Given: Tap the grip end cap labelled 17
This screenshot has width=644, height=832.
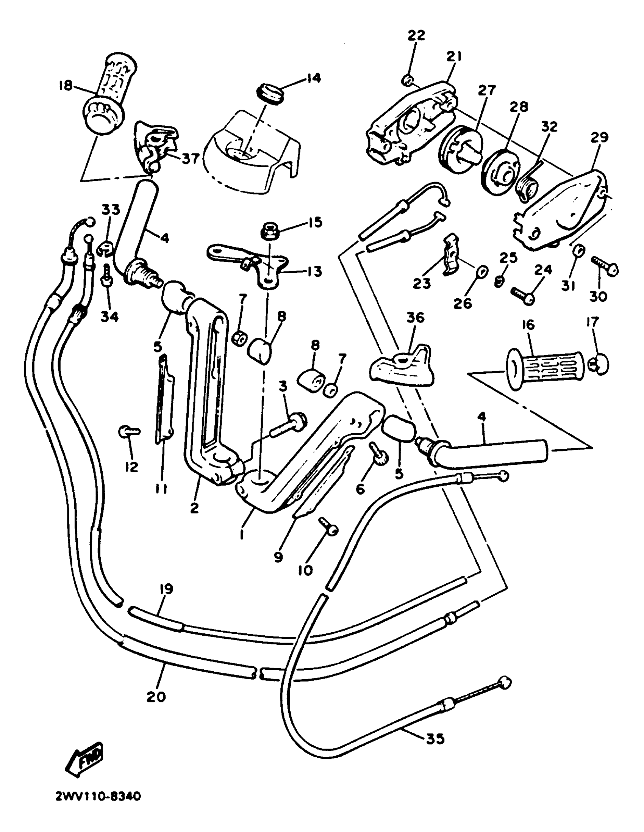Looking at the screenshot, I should pos(599,365).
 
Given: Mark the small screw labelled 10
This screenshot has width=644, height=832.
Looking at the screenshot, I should pos(328,529).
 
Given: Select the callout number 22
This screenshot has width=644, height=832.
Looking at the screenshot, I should pos(416,36).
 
